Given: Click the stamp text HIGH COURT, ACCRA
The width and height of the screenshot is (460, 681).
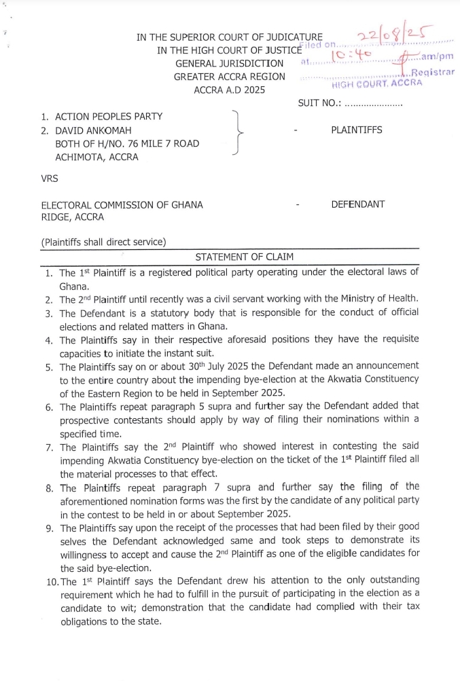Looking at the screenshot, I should click(x=376, y=84).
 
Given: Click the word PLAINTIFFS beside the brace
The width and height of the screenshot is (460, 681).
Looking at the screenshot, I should click(x=357, y=130).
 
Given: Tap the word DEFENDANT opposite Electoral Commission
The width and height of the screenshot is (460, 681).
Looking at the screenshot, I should click(x=357, y=204).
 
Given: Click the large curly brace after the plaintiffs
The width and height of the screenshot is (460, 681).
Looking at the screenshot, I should click(x=237, y=132).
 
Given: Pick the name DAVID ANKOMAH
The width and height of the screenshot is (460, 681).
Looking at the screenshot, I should click(x=93, y=130).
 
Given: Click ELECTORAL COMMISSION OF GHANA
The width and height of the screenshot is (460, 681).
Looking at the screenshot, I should click(x=122, y=205).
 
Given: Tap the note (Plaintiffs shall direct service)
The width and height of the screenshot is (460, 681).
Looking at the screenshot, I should click(x=103, y=242).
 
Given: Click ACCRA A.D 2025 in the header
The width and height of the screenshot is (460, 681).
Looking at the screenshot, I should click(x=230, y=90).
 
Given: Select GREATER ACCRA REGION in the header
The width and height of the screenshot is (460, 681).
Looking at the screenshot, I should click(x=230, y=77).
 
